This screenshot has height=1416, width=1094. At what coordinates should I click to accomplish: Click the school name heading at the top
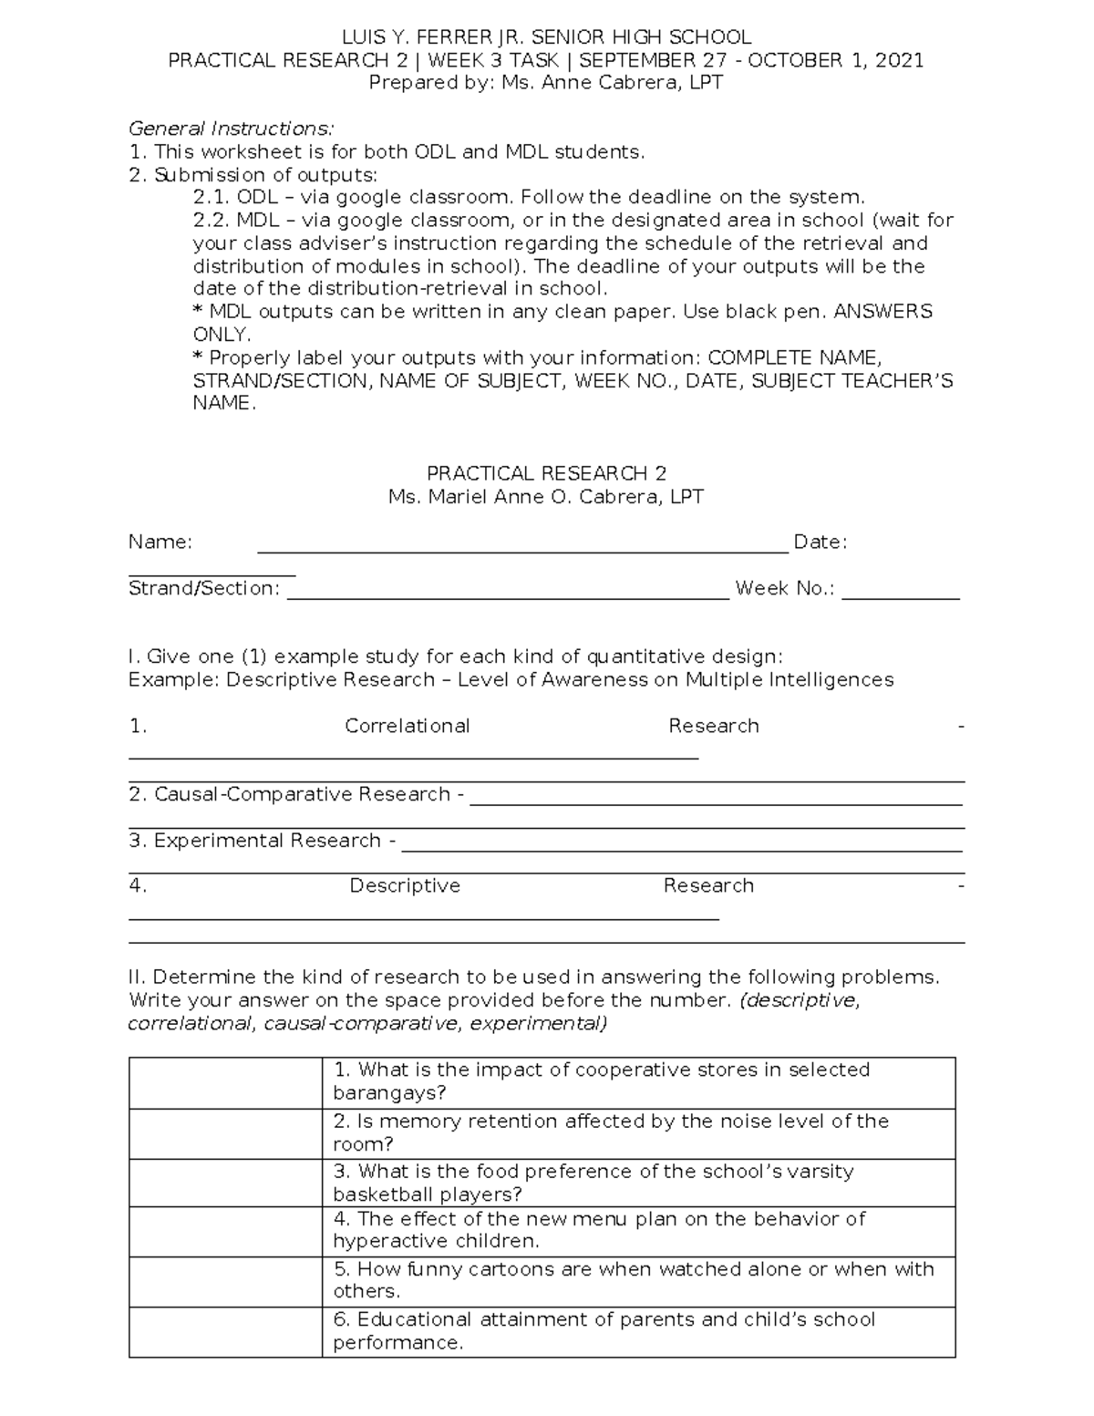click(x=546, y=37)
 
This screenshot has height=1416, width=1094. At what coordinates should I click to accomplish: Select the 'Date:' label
click(x=820, y=543)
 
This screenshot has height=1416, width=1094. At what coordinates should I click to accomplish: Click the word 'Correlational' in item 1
click(x=407, y=726)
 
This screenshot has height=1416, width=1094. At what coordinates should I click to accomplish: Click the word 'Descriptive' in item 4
click(x=405, y=886)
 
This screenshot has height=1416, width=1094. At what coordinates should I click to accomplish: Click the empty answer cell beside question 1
click(x=225, y=1083)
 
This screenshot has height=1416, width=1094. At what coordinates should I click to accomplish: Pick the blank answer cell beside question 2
click(x=225, y=1133)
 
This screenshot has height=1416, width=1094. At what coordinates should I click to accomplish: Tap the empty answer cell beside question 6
click(x=225, y=1332)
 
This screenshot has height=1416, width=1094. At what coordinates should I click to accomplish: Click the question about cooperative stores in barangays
click(x=602, y=1081)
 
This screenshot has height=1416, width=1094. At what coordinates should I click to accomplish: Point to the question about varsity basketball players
click(x=593, y=1183)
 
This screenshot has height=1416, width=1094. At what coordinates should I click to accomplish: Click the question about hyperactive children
click(x=599, y=1230)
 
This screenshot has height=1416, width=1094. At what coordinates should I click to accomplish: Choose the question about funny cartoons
click(x=633, y=1280)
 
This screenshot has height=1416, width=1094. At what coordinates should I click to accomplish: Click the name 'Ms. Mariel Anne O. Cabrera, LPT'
click(x=546, y=497)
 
